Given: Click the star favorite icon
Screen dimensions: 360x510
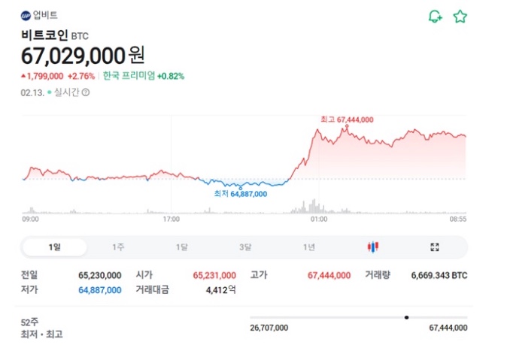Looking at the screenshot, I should (460, 17).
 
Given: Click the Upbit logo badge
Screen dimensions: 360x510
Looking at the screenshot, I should (26, 15).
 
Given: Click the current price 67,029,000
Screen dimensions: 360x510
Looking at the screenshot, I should (73, 55).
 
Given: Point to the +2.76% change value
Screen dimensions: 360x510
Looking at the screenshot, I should (80, 76).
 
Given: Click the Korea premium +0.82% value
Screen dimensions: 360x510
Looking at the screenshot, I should (171, 76).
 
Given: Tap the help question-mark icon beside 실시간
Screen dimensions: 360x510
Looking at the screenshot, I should (86, 92).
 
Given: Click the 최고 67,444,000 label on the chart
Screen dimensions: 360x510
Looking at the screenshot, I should (346, 119).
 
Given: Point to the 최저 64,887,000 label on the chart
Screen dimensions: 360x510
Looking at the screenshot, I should (241, 194).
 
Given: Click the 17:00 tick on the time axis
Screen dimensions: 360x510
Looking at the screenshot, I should (172, 219).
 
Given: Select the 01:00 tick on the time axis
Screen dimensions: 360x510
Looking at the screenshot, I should (318, 219).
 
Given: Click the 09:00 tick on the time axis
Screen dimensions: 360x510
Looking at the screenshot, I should (30, 219).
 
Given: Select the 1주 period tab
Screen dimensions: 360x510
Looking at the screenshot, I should (118, 247).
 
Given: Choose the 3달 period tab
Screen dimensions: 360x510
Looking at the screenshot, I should (245, 247).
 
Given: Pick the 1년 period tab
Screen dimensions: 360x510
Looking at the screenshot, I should (309, 247).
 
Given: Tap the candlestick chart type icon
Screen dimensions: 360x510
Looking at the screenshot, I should (372, 247).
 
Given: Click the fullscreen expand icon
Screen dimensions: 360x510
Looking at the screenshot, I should (434, 247).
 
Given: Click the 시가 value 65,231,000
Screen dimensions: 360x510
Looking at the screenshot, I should (214, 276).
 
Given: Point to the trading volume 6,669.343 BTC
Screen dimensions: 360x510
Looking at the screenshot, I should (439, 276).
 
